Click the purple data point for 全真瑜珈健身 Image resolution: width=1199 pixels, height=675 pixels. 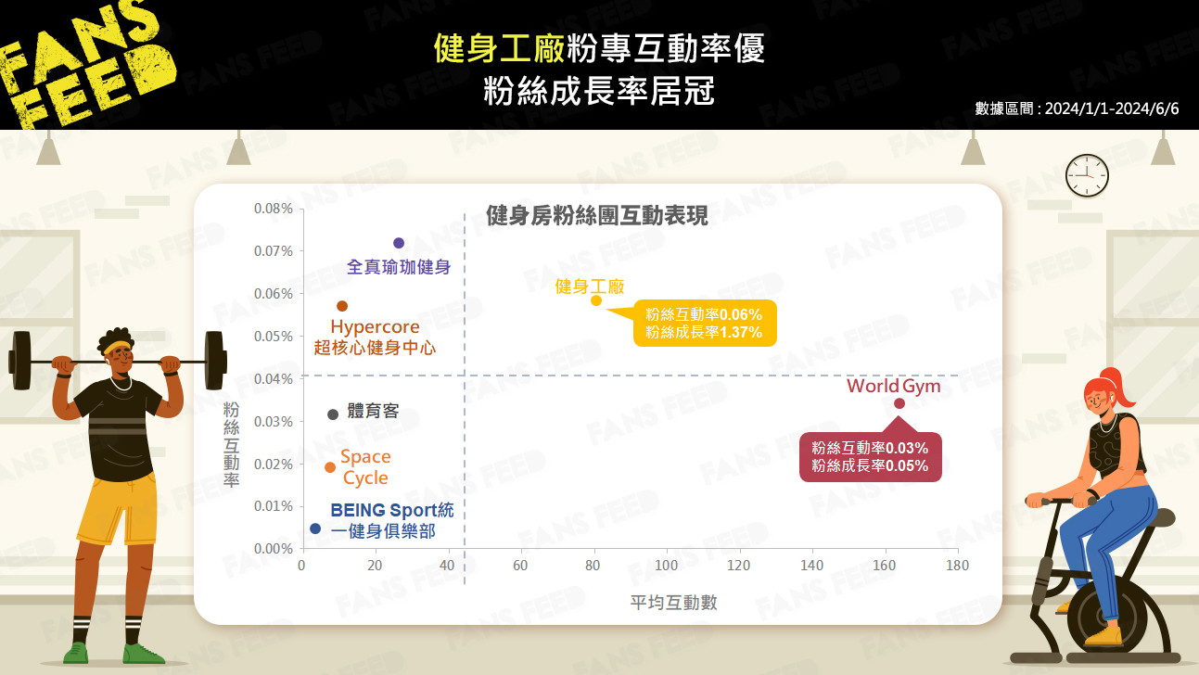click(398, 243)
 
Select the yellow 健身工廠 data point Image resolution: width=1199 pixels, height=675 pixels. click(595, 300)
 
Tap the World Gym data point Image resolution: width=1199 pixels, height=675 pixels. click(899, 403)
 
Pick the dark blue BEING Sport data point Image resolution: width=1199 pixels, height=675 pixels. click(315, 529)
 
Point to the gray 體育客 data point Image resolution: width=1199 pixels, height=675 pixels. click(332, 414)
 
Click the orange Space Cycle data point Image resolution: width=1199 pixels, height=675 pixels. click(330, 467)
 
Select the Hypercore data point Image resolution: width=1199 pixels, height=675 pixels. click(342, 306)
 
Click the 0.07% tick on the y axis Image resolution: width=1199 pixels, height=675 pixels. click(273, 251)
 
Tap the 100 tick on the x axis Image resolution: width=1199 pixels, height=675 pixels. click(666, 566)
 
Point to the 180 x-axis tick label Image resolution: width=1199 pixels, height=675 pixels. click(957, 566)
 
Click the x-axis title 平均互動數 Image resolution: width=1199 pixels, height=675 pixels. click(673, 603)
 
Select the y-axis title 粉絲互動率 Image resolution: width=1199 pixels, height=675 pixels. click(231, 445)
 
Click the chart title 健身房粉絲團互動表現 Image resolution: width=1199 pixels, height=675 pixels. click(597, 216)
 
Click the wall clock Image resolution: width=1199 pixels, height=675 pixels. click(1087, 175)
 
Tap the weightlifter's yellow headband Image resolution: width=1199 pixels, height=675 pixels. click(117, 347)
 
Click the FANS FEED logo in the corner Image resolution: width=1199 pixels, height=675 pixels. click(85, 63)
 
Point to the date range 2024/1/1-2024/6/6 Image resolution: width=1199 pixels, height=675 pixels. click(1112, 108)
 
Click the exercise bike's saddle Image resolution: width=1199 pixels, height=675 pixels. click(1159, 517)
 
